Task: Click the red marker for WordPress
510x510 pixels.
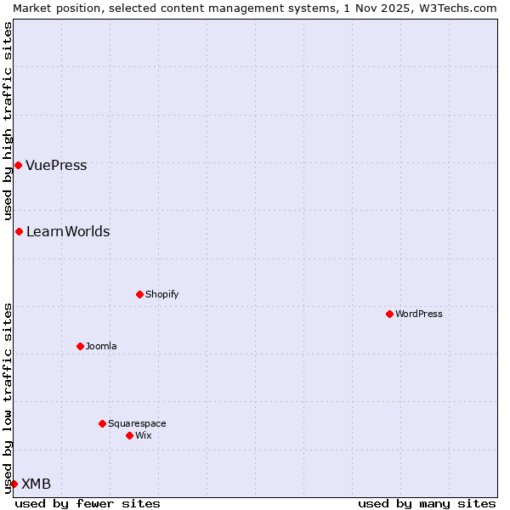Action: pyautogui.click(x=389, y=314)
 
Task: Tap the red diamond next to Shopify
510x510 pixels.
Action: pyautogui.click(x=139, y=294)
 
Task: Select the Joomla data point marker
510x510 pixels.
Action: pyautogui.click(x=80, y=346)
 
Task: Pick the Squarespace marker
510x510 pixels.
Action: pyautogui.click(x=102, y=423)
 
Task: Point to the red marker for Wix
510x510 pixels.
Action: pyautogui.click(x=129, y=435)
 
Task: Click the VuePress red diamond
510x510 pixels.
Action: pyautogui.click(x=18, y=165)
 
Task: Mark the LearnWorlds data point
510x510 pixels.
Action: pyautogui.click(x=19, y=231)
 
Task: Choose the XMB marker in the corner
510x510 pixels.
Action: pyautogui.click(x=14, y=484)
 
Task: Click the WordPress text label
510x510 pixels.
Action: pyautogui.click(x=419, y=314)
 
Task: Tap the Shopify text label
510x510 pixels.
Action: pyautogui.click(x=161, y=294)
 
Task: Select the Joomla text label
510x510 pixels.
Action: pyautogui.click(x=101, y=346)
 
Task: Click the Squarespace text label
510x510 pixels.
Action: pyautogui.click(x=137, y=423)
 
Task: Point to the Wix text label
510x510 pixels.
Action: pyautogui.click(x=143, y=435)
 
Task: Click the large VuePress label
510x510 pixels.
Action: pyautogui.click(x=56, y=165)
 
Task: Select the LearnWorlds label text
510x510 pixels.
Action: pyautogui.click(x=68, y=231)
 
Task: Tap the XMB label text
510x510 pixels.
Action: pyautogui.click(x=36, y=484)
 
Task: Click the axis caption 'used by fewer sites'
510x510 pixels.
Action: pyautogui.click(x=88, y=503)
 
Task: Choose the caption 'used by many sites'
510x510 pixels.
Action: pyautogui.click(x=427, y=503)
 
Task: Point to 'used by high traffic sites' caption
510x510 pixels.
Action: pyautogui.click(x=8, y=121)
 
